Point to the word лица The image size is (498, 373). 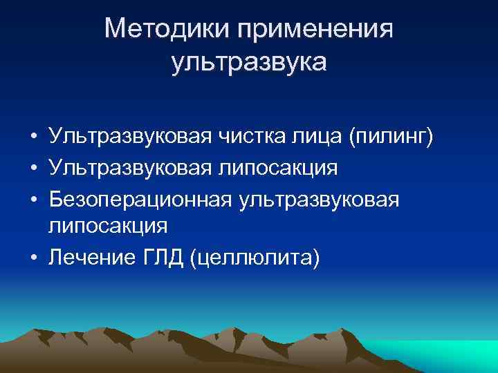coord(322,137)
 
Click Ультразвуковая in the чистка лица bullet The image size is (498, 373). coord(126,137)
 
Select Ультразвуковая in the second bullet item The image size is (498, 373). coord(126,168)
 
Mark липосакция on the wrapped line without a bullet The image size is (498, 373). coord(108,227)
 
